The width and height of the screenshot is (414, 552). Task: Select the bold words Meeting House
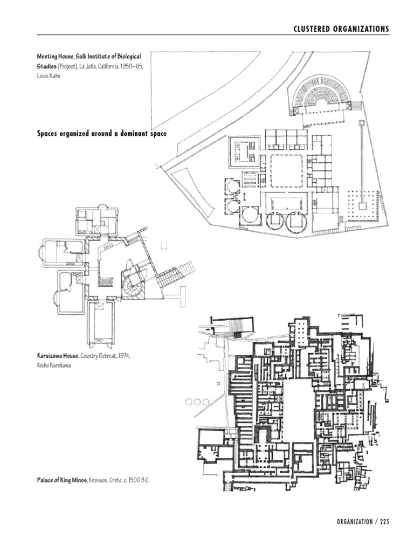click(57, 56)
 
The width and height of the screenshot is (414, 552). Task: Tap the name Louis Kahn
click(49, 76)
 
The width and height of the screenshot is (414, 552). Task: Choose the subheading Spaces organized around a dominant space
click(101, 133)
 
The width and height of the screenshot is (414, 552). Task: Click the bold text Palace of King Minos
click(61, 479)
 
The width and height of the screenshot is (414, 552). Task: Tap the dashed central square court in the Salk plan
click(287, 170)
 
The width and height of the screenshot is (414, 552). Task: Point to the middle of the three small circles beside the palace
click(197, 402)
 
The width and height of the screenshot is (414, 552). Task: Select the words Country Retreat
click(99, 356)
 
